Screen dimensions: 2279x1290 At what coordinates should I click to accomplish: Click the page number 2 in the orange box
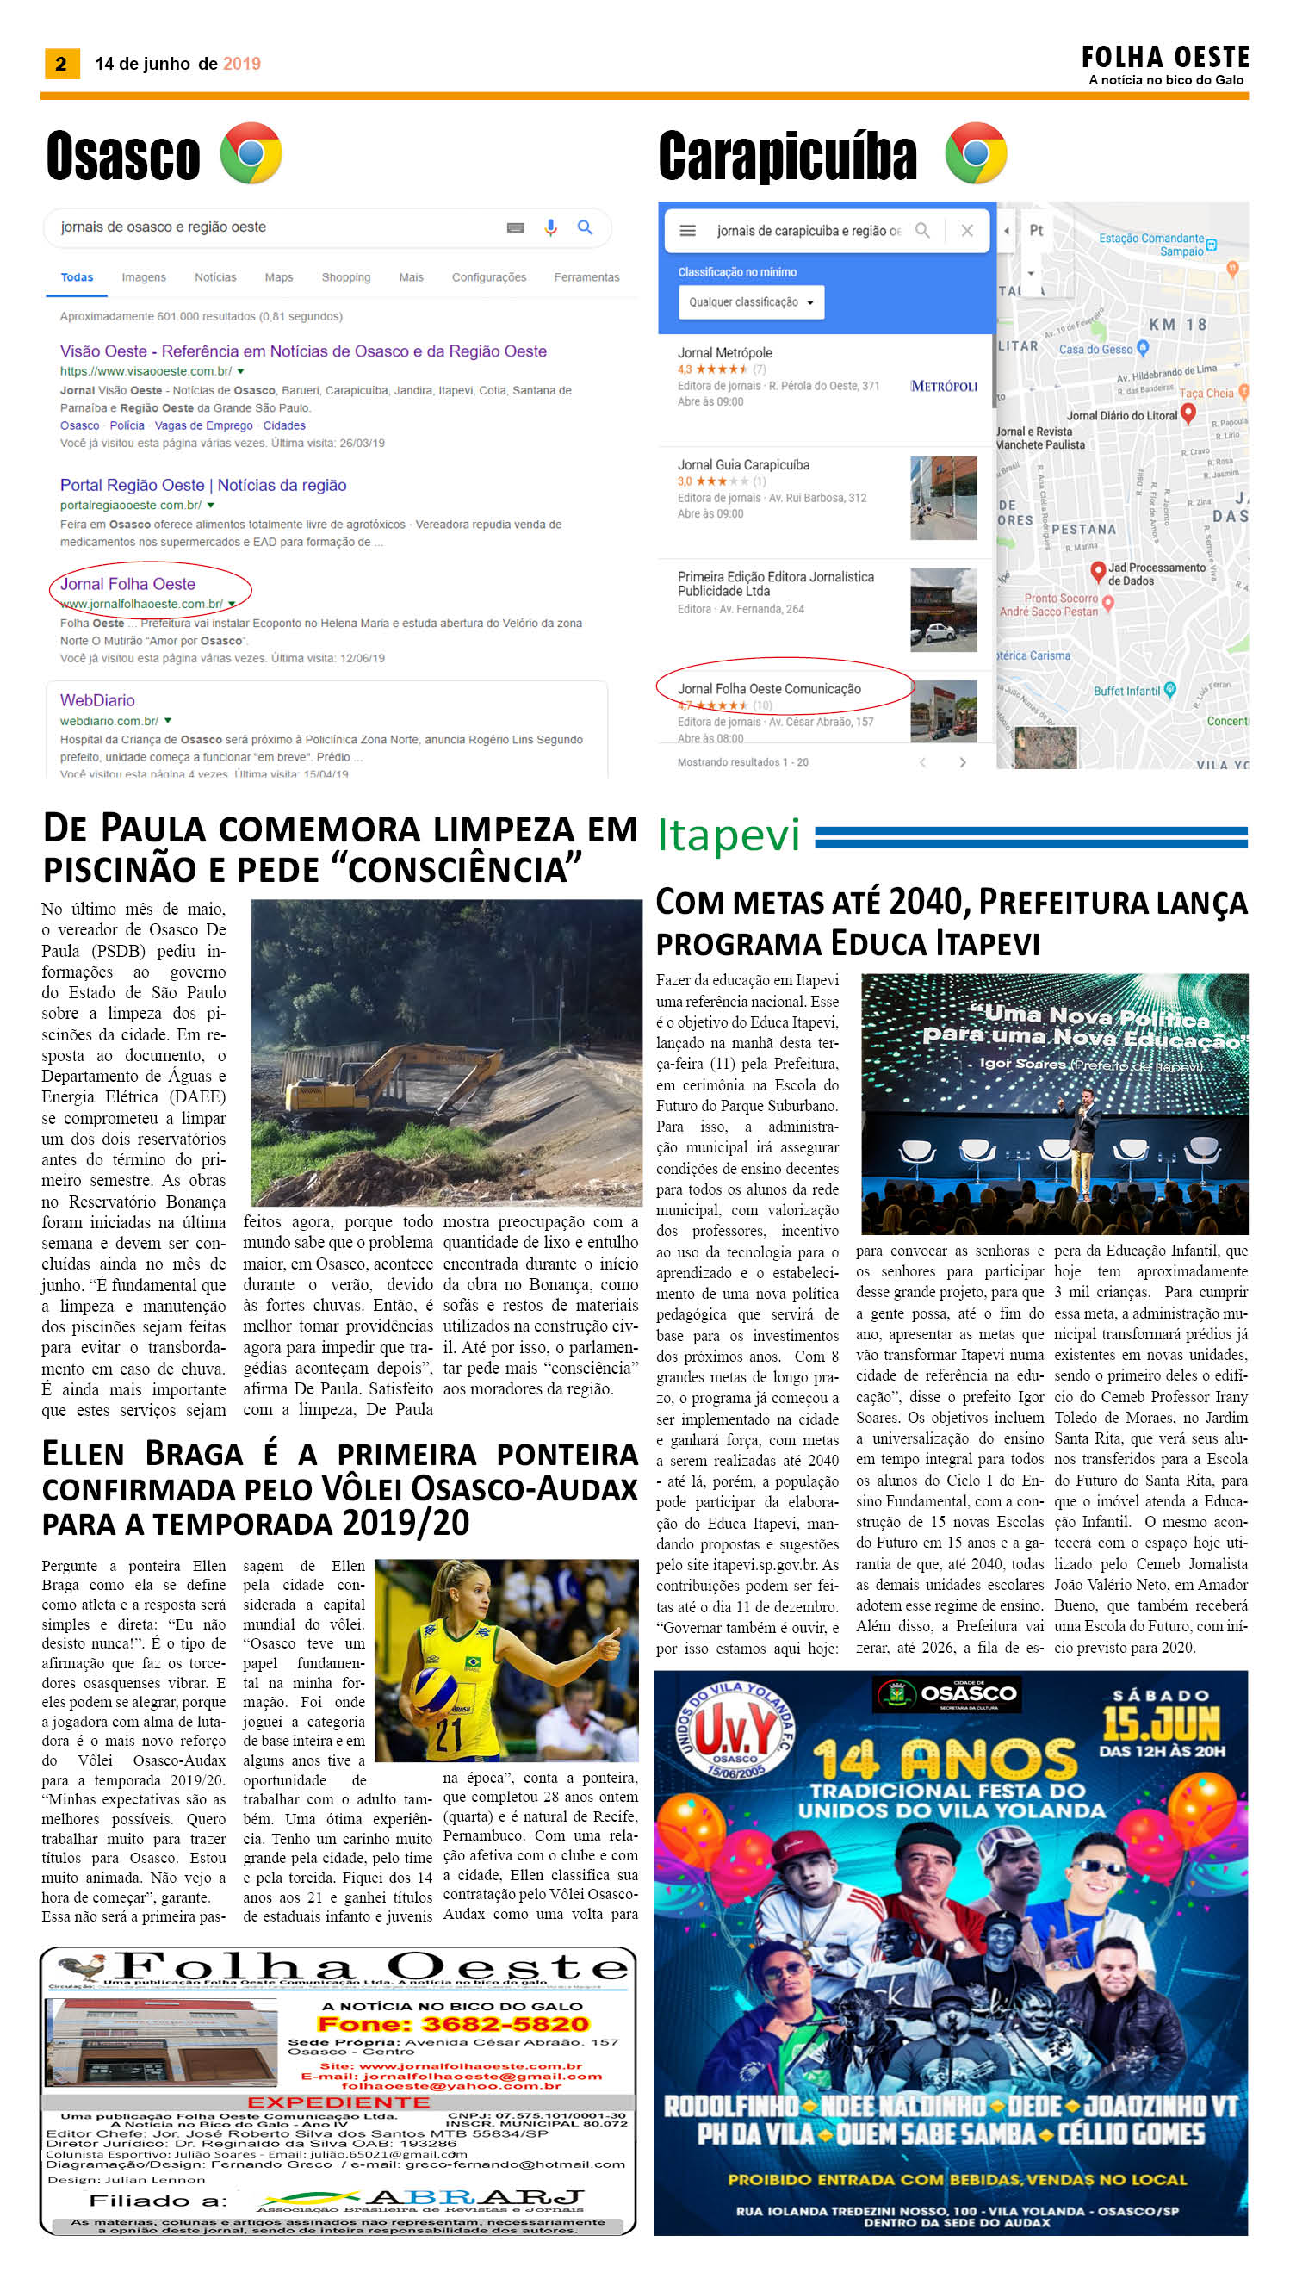(x=61, y=63)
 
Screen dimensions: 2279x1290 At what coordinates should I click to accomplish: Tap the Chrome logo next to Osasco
(x=251, y=153)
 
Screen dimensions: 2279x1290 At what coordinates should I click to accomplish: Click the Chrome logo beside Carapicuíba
(x=975, y=152)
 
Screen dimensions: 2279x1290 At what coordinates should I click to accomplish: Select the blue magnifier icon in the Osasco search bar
(x=585, y=227)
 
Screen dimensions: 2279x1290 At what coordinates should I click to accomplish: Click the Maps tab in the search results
(x=278, y=277)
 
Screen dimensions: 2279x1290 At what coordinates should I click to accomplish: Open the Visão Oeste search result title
(x=303, y=351)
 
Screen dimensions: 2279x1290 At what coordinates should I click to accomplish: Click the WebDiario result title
(x=97, y=700)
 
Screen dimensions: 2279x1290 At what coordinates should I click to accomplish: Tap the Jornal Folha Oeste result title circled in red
(x=127, y=584)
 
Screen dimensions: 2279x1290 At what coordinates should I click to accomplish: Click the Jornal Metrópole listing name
(x=725, y=352)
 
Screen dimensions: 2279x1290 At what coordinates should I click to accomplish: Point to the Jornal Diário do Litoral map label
(x=1122, y=414)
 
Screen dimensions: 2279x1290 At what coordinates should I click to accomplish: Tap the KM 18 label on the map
(x=1177, y=325)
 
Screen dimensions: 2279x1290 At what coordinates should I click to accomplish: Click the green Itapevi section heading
(x=729, y=834)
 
